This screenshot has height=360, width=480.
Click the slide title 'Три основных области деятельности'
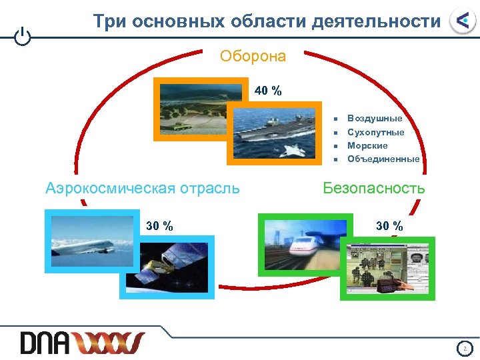coord(267,21)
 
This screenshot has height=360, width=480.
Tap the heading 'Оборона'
coord(253,56)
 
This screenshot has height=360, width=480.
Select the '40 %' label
coord(267,91)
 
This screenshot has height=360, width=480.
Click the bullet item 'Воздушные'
coord(375,118)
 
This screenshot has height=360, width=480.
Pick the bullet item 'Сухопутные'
coord(376,132)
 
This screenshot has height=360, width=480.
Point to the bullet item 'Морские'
coord(367,145)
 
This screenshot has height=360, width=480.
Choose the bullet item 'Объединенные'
coord(383,159)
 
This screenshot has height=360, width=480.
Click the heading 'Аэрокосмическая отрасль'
coord(143,188)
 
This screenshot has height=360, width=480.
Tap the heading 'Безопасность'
coord(373,188)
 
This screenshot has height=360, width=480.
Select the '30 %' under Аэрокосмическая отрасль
coord(159,225)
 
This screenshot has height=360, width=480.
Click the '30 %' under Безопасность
coord(389,225)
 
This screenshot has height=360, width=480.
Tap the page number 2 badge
coord(465,347)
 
